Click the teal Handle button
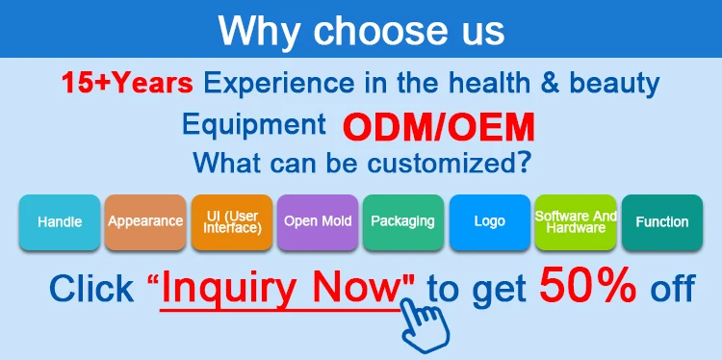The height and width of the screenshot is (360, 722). pyautogui.click(x=60, y=222)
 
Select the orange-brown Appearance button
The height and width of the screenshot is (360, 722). pyautogui.click(x=145, y=222)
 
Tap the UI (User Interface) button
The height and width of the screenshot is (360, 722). pyautogui.click(x=232, y=222)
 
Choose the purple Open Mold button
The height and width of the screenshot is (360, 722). pyautogui.click(x=318, y=222)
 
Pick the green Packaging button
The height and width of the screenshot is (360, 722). pyautogui.click(x=403, y=222)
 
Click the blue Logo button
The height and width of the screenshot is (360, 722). pyautogui.click(x=490, y=222)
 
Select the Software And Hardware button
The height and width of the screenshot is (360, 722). pyautogui.click(x=576, y=222)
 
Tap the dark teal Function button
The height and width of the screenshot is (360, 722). pyautogui.click(x=662, y=222)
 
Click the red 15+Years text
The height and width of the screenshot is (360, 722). pyautogui.click(x=127, y=83)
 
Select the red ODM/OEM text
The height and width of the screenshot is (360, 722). pyautogui.click(x=438, y=127)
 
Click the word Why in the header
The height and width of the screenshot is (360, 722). pyautogui.click(x=259, y=30)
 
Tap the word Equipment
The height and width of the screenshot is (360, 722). pyautogui.click(x=254, y=124)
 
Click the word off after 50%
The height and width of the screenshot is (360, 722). pyautogui.click(x=672, y=287)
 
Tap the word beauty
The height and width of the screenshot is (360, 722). pyautogui.click(x=614, y=85)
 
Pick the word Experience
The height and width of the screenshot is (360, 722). pyautogui.click(x=279, y=85)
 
